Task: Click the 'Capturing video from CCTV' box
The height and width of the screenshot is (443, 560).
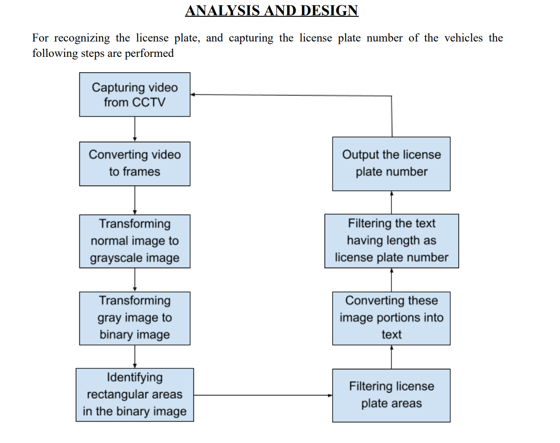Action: pos(135,94)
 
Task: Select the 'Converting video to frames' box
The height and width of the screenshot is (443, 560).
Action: pos(135,164)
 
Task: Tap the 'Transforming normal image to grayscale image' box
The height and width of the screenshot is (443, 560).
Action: pos(135,241)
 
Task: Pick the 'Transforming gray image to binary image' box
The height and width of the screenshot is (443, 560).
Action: pos(135,318)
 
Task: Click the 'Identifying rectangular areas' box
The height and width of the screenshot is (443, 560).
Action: pos(135,395)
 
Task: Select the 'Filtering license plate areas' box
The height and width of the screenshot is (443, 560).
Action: pos(391,395)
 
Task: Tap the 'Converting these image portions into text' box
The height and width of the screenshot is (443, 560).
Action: pos(391,318)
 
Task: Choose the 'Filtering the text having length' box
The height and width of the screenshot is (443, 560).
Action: pos(391,241)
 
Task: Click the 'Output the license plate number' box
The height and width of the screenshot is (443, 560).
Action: pos(391,164)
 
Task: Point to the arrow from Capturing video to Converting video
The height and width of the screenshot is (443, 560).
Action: pos(135,129)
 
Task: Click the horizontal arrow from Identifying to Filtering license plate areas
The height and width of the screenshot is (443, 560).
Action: pos(263,395)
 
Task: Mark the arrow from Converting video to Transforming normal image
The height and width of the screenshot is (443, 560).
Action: pos(135,200)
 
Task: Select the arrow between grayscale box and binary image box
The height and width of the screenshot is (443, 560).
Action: pos(135,280)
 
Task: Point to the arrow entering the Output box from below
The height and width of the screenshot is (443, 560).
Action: pos(391,202)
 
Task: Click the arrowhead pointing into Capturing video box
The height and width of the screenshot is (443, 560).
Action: pos(193,95)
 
